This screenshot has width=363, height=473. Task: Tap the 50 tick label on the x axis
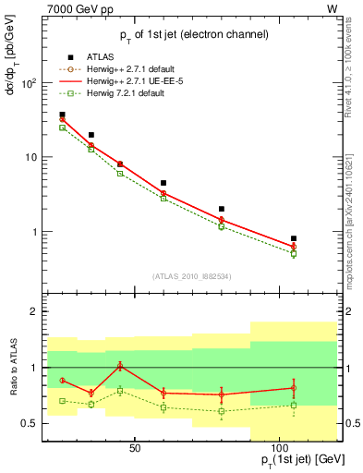pyautogui.click(x=135, y=448)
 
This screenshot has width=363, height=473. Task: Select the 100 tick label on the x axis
pyautogui.click(x=279, y=448)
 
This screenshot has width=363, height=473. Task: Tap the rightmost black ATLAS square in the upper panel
pyautogui.click(x=294, y=238)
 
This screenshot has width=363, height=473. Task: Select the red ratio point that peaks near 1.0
pyautogui.click(x=120, y=366)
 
